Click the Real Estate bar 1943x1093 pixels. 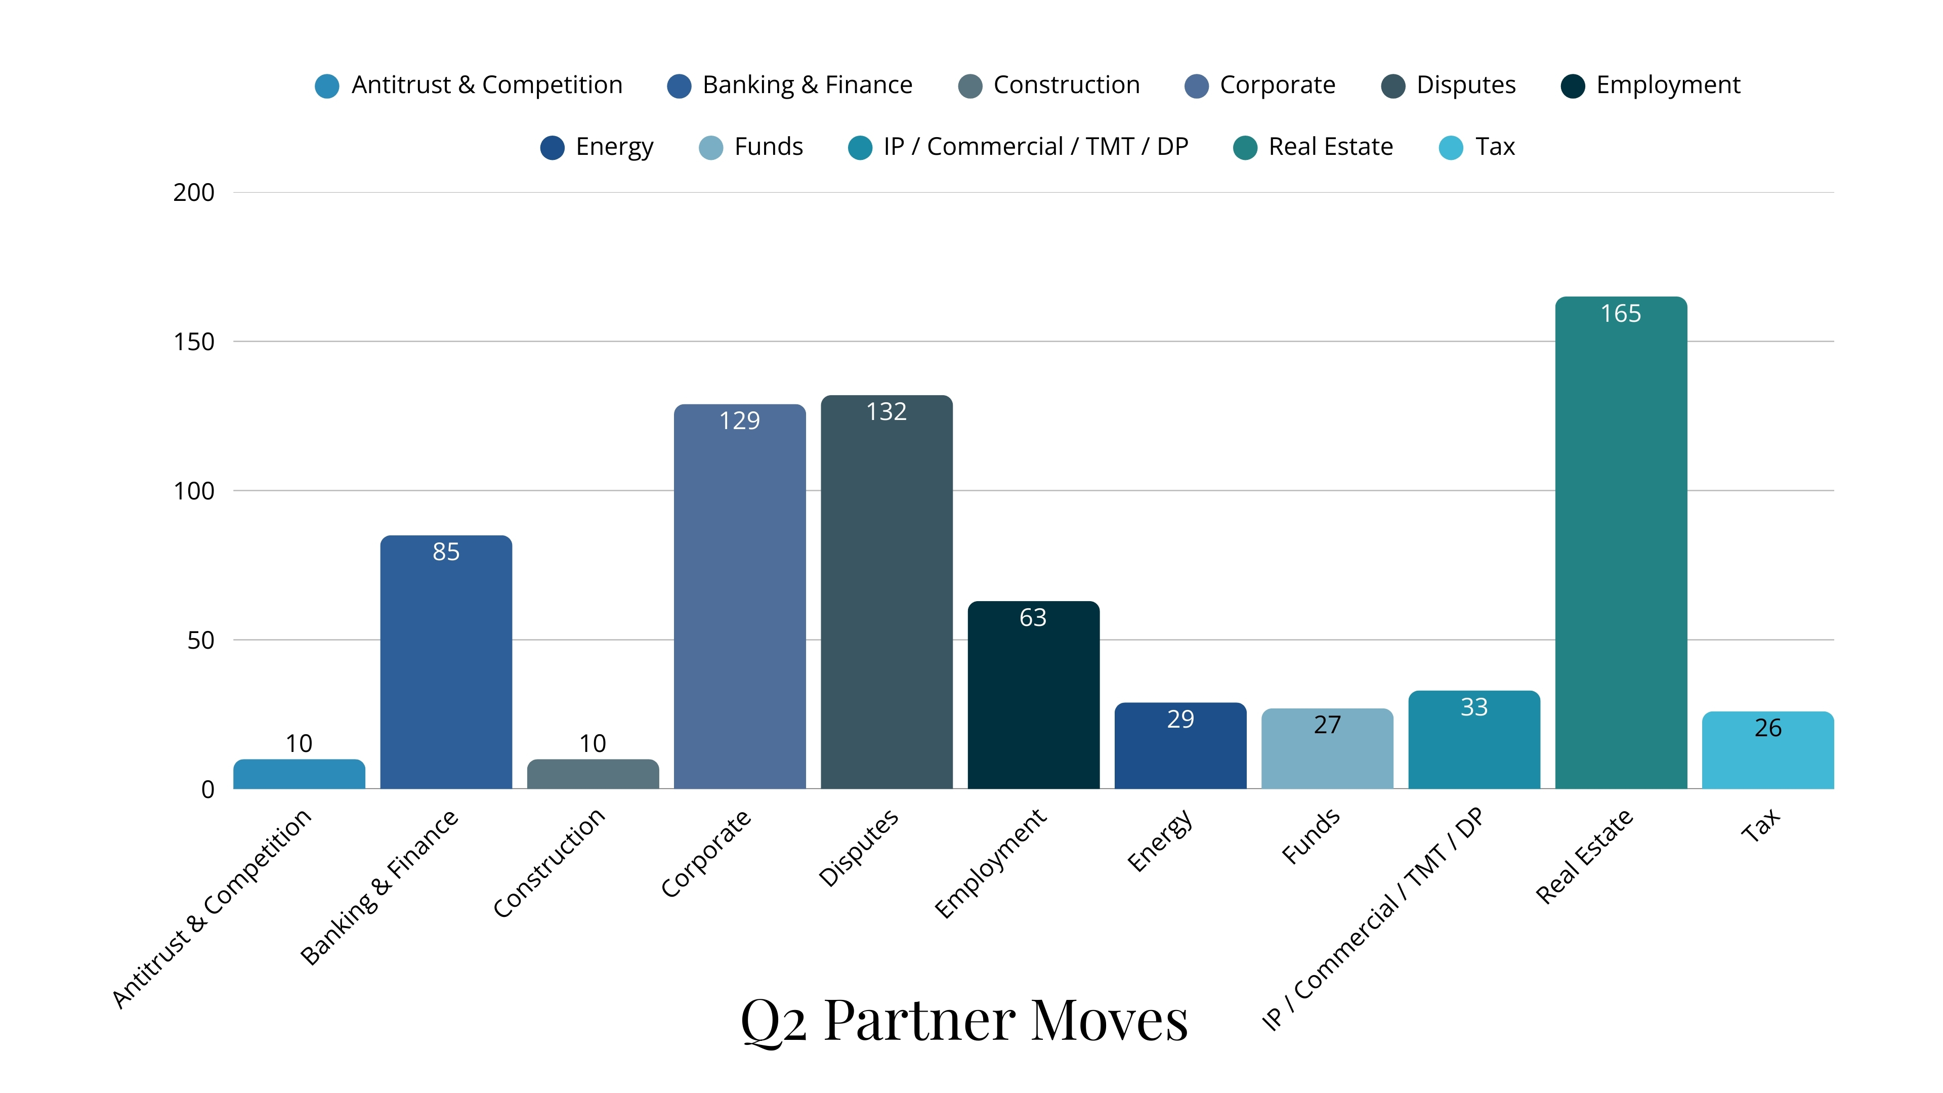click(1621, 543)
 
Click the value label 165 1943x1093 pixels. click(1621, 314)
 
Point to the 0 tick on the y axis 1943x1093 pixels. click(207, 790)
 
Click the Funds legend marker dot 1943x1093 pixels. click(710, 148)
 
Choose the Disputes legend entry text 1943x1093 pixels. click(1465, 85)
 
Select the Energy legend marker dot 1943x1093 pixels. click(552, 148)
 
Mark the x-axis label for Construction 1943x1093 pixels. click(549, 863)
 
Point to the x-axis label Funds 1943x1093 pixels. click(1311, 836)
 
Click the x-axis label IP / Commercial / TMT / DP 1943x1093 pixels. click(1372, 919)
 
